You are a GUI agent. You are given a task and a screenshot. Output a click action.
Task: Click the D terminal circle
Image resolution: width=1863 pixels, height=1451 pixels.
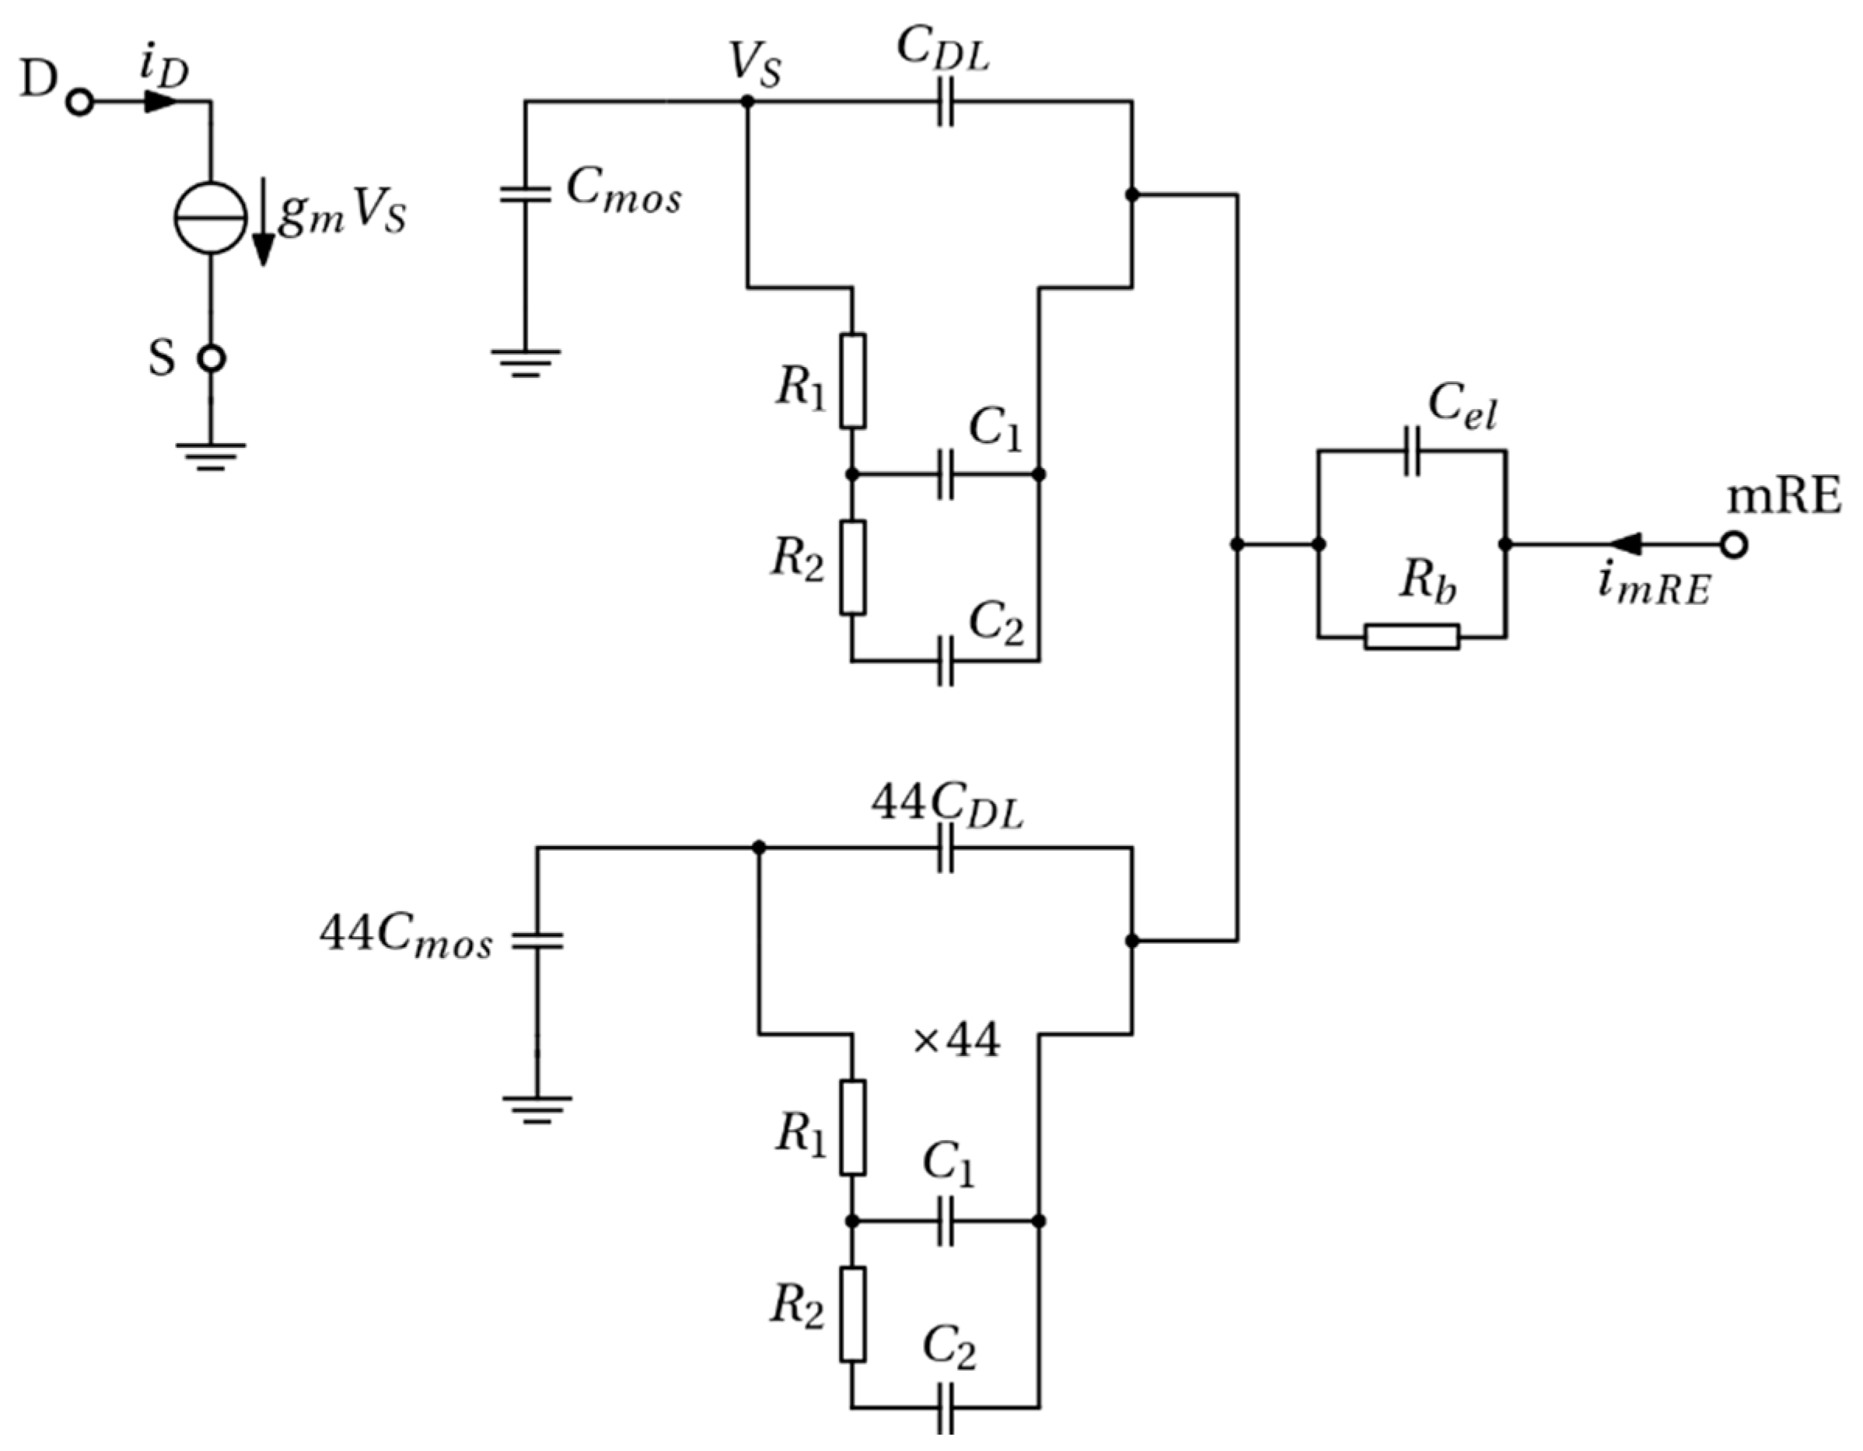[80, 103]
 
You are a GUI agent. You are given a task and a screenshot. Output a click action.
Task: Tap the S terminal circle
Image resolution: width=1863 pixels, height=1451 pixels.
[211, 359]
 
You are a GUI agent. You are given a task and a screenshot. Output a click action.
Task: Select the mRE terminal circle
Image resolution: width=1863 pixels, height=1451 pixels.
[1733, 544]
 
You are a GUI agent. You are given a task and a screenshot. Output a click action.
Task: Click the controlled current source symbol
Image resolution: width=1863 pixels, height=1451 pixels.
[211, 218]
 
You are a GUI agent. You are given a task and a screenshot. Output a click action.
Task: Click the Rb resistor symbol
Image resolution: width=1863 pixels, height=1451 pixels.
[1412, 636]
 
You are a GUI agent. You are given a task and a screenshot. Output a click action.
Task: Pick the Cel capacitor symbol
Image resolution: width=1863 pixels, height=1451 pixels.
[1412, 451]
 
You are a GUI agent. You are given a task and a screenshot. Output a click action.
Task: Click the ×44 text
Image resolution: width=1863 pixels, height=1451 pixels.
[956, 1041]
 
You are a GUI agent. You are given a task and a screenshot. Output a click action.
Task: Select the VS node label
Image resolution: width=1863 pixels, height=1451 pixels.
[755, 65]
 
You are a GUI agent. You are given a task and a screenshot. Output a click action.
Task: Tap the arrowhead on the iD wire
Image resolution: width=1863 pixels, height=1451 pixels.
[159, 103]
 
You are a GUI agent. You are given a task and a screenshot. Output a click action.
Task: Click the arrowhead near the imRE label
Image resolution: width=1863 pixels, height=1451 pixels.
[1625, 544]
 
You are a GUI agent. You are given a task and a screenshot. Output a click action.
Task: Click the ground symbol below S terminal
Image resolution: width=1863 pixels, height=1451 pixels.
[211, 456]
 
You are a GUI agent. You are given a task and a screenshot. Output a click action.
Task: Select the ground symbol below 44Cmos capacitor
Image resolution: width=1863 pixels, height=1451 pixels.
[537, 1109]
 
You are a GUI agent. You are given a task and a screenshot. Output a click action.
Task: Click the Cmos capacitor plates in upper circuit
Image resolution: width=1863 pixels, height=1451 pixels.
[526, 194]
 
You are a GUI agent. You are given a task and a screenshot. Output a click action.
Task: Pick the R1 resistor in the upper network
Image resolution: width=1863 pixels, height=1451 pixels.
[852, 380]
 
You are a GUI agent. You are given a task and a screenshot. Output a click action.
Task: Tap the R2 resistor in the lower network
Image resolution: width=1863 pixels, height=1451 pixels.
[852, 1313]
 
